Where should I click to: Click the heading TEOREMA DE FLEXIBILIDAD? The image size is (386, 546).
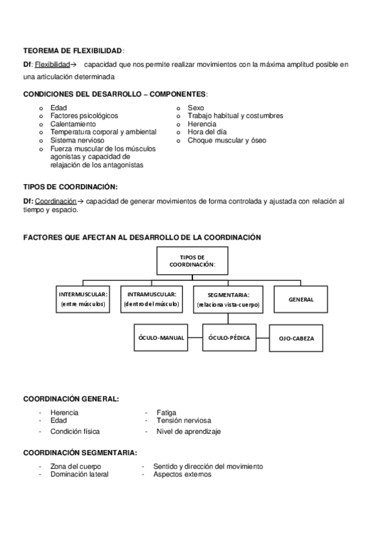point(73,50)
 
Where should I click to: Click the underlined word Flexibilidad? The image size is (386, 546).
point(51,64)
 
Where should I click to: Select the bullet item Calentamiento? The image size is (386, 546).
point(73,124)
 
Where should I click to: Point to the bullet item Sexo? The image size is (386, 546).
point(196,108)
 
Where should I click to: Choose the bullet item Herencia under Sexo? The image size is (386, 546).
point(202,124)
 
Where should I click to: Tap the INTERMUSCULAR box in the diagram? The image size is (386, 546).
point(83,299)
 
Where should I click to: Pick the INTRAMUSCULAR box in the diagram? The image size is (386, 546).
point(152,299)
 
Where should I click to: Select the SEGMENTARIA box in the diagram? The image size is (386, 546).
point(228,299)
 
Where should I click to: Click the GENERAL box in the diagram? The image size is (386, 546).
point(301,299)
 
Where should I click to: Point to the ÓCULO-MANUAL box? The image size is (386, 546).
point(161,337)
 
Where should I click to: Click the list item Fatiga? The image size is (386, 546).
point(166,413)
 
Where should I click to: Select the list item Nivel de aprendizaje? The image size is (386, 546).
point(183,431)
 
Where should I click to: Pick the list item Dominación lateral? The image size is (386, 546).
point(79,475)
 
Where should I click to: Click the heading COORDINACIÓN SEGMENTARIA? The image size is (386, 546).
point(79,453)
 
